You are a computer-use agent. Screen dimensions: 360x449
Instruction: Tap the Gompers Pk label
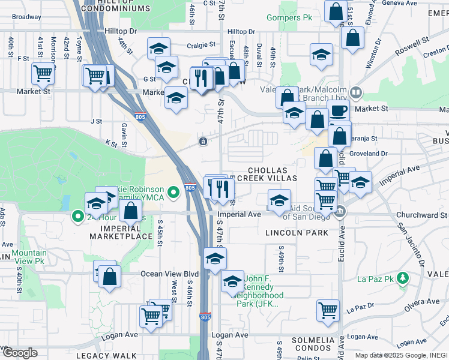click(285, 18)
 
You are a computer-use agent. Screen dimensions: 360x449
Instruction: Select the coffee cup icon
click(339, 110)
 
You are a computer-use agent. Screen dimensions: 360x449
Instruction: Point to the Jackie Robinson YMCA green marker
click(173, 192)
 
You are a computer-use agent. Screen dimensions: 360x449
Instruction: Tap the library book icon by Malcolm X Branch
click(356, 92)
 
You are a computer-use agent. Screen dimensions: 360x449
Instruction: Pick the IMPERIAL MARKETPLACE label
click(126, 232)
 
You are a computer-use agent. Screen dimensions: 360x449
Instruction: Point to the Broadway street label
click(26, 17)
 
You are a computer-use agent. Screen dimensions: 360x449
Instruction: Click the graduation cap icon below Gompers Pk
click(322, 55)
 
